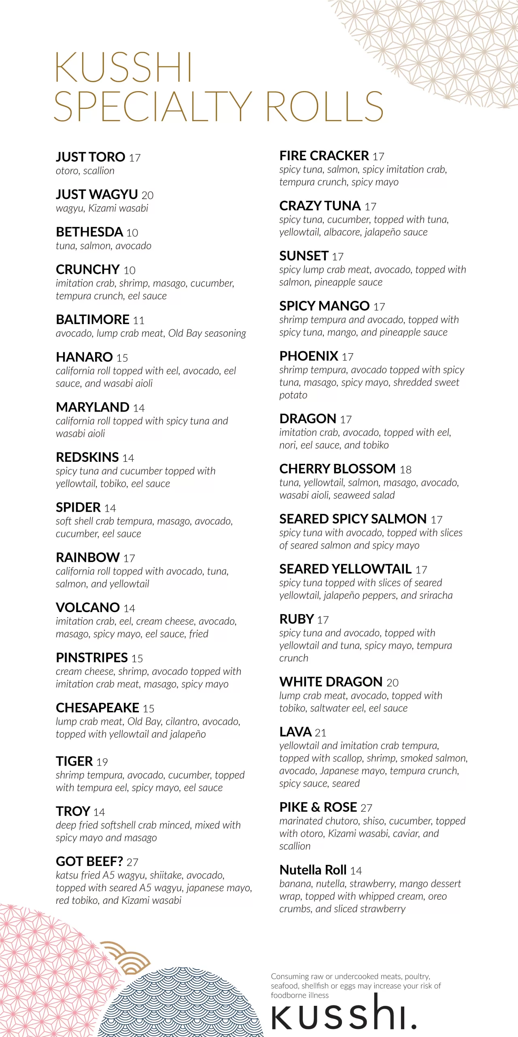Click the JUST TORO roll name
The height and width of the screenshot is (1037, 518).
click(90, 157)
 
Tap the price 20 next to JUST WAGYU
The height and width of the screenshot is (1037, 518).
click(147, 195)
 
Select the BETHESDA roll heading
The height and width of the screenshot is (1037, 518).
click(89, 232)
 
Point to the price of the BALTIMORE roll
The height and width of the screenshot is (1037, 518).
click(138, 320)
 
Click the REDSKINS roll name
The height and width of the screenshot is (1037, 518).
click(87, 457)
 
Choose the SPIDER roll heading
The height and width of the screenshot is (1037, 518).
click(78, 508)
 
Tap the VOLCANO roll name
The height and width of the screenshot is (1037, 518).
click(87, 608)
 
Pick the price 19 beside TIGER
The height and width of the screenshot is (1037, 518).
click(102, 762)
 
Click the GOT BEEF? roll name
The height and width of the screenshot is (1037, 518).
click(89, 862)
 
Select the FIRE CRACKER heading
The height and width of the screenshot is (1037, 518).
click(324, 156)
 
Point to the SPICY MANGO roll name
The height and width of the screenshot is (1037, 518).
click(324, 306)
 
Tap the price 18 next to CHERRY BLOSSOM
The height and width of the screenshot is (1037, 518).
click(405, 469)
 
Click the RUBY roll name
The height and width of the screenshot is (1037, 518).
click(297, 619)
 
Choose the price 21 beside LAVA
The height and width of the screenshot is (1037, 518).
click(320, 733)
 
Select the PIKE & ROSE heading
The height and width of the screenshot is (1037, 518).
click(318, 807)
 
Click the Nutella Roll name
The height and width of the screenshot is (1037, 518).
click(313, 870)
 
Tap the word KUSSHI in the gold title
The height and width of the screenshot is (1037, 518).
click(123, 68)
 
